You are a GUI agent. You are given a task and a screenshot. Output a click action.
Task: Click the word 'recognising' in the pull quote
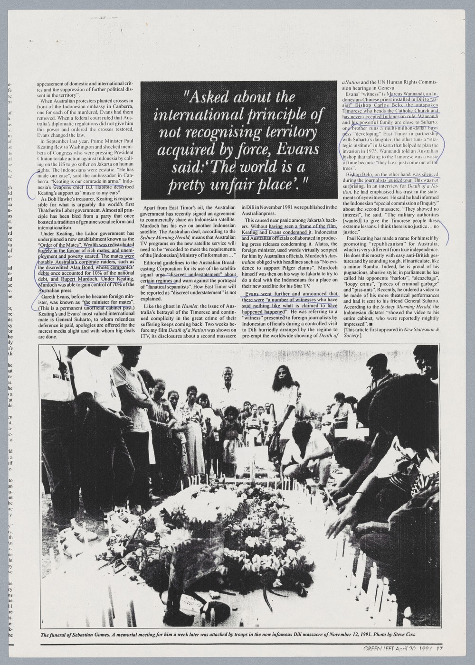pos(222,132)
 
